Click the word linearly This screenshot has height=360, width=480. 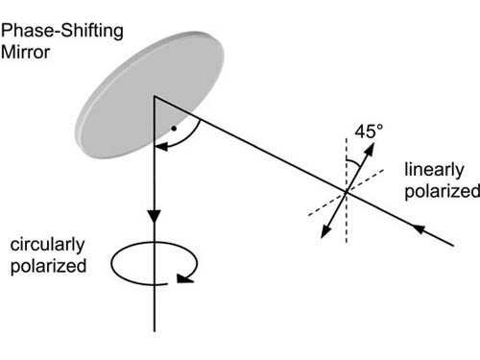pyautogui.click(x=434, y=171)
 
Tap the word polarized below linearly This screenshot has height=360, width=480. pyautogui.click(x=442, y=190)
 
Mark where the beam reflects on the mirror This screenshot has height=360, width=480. pyautogui.click(x=152, y=96)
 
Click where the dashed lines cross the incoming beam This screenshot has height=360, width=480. pyautogui.click(x=347, y=195)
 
